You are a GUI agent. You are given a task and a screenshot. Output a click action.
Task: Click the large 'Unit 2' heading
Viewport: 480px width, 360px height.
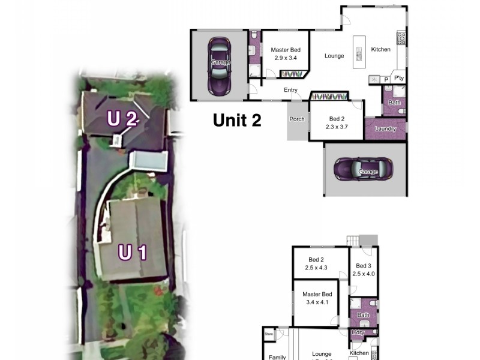(x=238, y=121)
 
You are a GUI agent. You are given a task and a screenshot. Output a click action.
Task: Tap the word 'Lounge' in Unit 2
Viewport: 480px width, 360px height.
(x=334, y=56)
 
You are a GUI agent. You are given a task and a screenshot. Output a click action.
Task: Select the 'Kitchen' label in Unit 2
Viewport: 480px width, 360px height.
(x=381, y=49)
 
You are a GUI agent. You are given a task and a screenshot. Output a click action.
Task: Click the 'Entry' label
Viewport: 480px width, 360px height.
(x=291, y=91)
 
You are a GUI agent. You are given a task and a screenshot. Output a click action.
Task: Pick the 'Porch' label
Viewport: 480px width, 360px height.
(x=297, y=119)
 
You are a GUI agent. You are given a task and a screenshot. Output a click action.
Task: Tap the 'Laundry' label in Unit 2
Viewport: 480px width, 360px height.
(x=385, y=129)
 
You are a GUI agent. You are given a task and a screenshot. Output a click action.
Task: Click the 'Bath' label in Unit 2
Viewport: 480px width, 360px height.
(x=394, y=103)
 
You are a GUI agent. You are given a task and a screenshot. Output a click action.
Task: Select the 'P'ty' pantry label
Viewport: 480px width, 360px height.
(x=398, y=79)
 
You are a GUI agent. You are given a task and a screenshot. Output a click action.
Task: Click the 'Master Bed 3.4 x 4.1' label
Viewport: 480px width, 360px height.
(x=317, y=298)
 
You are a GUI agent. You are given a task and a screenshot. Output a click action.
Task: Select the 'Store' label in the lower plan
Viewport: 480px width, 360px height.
(x=269, y=334)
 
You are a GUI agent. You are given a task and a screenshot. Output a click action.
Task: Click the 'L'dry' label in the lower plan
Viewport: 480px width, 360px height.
(x=358, y=332)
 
